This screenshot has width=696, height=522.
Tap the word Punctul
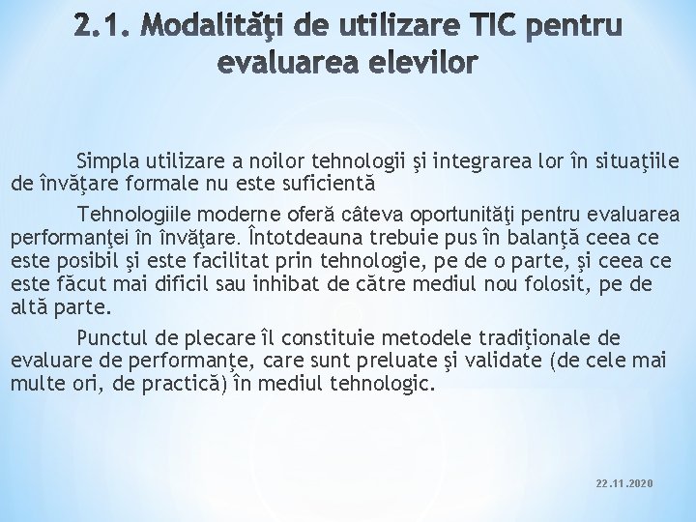coord(111,338)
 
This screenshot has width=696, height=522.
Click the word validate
coord(499,362)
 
